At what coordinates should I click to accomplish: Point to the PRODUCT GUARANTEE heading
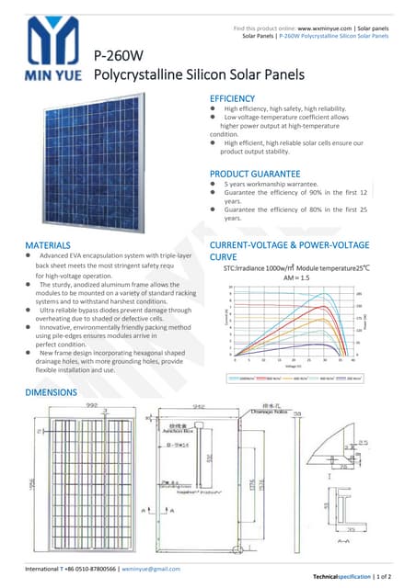pyautogui.click(x=255, y=174)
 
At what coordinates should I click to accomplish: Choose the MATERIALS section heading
pyautogui.click(x=48, y=245)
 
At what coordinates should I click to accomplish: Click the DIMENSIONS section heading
pyautogui.click(x=52, y=393)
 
